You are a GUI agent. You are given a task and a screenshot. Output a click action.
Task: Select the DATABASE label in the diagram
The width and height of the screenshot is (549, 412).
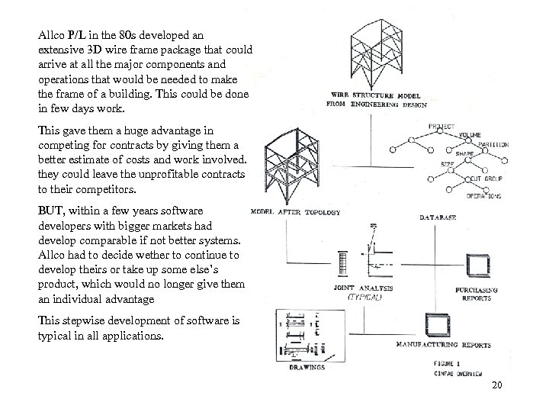[438, 218]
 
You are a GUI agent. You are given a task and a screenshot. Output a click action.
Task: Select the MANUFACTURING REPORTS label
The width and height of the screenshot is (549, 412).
[443, 344]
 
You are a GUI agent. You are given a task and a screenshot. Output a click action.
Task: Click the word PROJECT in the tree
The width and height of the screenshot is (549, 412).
[442, 126]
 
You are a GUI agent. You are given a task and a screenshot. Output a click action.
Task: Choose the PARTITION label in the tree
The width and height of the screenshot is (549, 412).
[494, 144]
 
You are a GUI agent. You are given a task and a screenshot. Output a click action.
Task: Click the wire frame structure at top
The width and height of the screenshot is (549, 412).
[371, 53]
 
